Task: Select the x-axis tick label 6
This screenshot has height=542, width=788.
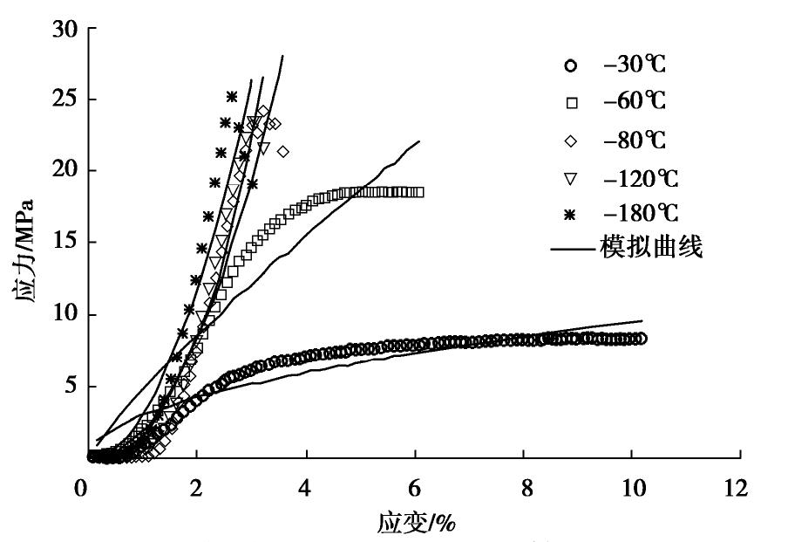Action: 414,489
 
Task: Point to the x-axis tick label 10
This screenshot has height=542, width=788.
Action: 632,489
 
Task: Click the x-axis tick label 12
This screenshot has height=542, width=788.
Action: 740,489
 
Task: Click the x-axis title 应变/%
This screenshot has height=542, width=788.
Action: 417,523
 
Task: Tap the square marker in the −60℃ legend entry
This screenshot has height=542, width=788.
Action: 571,103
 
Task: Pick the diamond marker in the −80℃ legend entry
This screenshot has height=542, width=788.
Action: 571,141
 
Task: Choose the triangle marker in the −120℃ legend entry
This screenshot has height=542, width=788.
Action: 571,178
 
